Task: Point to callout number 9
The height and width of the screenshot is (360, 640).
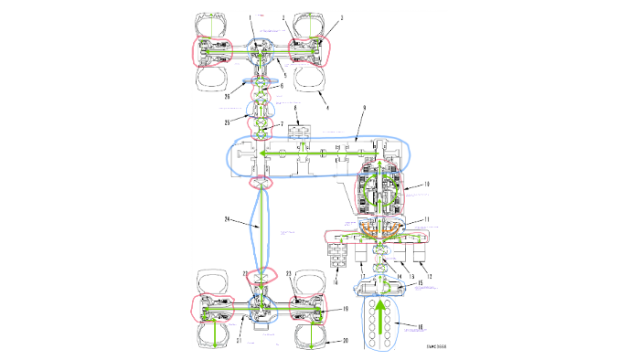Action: pos(364,109)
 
